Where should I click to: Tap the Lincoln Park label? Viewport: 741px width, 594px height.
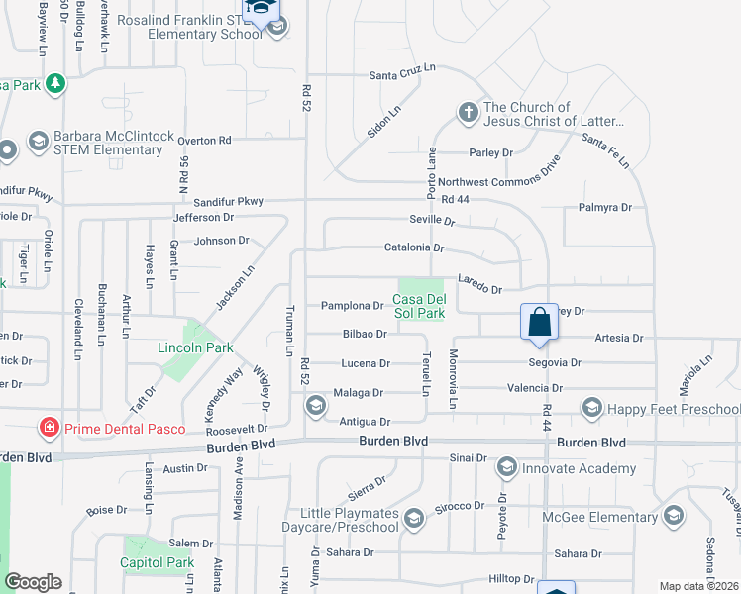point(195,347)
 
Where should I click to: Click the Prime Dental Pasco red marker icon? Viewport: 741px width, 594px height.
point(47,428)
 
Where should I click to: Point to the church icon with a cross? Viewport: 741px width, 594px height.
point(469,111)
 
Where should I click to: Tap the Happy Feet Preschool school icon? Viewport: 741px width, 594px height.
point(592,407)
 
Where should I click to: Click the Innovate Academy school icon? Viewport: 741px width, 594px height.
point(507,467)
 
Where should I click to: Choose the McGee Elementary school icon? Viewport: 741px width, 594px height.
point(674,515)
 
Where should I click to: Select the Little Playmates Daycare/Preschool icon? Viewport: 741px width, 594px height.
point(414,517)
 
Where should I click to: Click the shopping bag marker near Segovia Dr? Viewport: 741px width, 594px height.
point(539,322)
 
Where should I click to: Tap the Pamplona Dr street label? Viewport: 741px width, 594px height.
point(352,306)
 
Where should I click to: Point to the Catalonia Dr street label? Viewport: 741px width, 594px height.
point(414,248)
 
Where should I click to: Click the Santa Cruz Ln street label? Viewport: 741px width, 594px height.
point(402,72)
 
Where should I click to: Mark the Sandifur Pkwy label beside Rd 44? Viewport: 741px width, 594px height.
point(229,201)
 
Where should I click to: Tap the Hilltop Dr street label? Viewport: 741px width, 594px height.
point(511,578)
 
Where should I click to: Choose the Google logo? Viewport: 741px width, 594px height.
point(33,582)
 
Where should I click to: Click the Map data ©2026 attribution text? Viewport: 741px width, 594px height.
point(698,586)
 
